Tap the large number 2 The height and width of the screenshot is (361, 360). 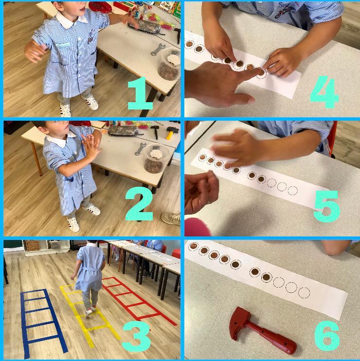tap(139, 204)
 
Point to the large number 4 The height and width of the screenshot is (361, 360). tap(324, 92)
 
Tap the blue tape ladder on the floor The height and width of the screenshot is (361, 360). tap(41, 322)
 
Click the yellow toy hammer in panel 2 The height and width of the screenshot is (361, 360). tap(171, 132)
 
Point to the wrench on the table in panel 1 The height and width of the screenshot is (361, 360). tap(158, 49)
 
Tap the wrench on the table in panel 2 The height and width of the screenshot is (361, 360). tap(140, 149)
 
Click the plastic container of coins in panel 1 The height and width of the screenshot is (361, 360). tap(169, 64)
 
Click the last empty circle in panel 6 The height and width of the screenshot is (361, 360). tap(304, 292)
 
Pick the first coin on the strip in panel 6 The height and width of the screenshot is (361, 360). tap(194, 246)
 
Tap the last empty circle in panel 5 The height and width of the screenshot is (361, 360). tap(292, 191)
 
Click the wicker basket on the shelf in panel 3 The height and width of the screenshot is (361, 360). tap(32, 245)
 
